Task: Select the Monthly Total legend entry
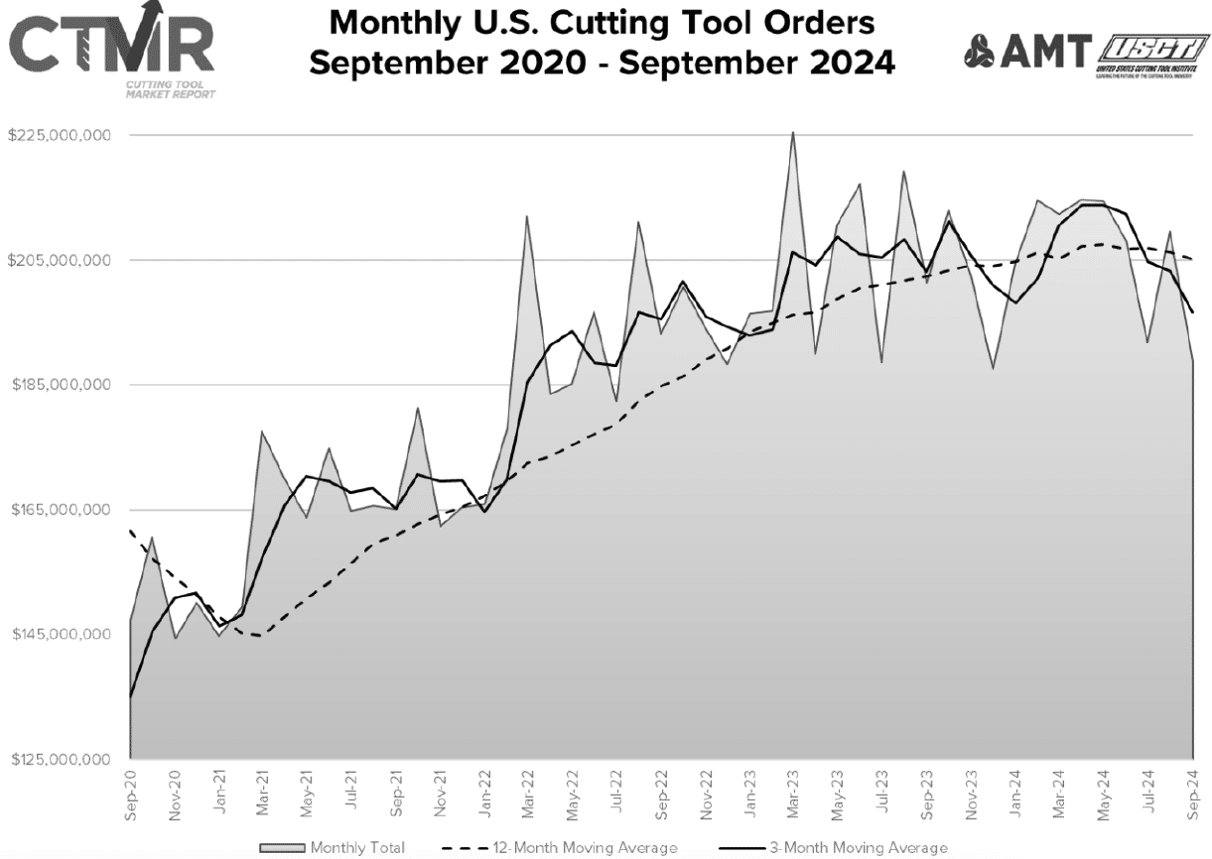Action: (332, 847)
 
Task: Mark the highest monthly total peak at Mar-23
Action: (793, 132)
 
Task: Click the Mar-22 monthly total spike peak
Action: (527, 216)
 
